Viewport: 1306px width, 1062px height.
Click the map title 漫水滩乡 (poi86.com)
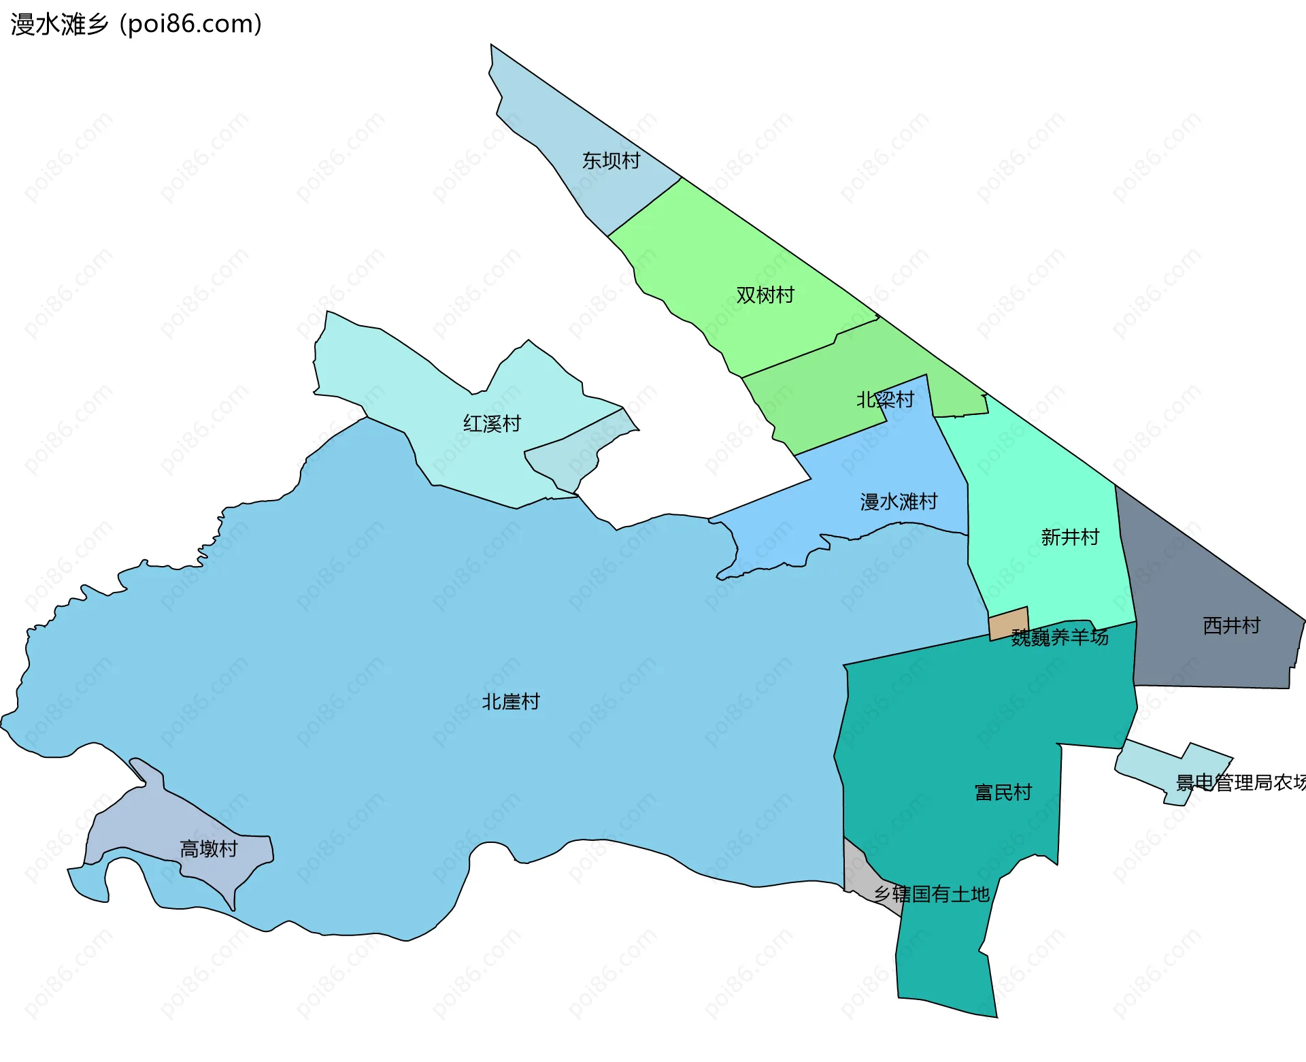click(x=136, y=24)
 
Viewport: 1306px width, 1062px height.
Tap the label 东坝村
click(x=611, y=161)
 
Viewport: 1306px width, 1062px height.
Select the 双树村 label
click(x=765, y=295)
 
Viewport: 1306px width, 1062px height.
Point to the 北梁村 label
click(x=885, y=399)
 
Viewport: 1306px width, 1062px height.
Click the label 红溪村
click(x=492, y=424)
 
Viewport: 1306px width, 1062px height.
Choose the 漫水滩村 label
click(x=899, y=502)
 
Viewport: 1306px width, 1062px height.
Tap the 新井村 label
click(x=1070, y=537)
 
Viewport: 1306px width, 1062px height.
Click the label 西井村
click(x=1231, y=625)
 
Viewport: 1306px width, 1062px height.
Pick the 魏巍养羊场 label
click(x=1060, y=637)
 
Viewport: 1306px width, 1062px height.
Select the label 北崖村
click(x=511, y=701)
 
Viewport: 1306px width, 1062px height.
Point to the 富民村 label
click(x=1003, y=793)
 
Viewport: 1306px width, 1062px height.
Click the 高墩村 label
click(x=209, y=849)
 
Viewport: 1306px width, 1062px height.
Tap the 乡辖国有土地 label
click(x=931, y=894)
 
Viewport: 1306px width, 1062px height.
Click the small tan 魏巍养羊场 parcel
click(x=1008, y=623)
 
